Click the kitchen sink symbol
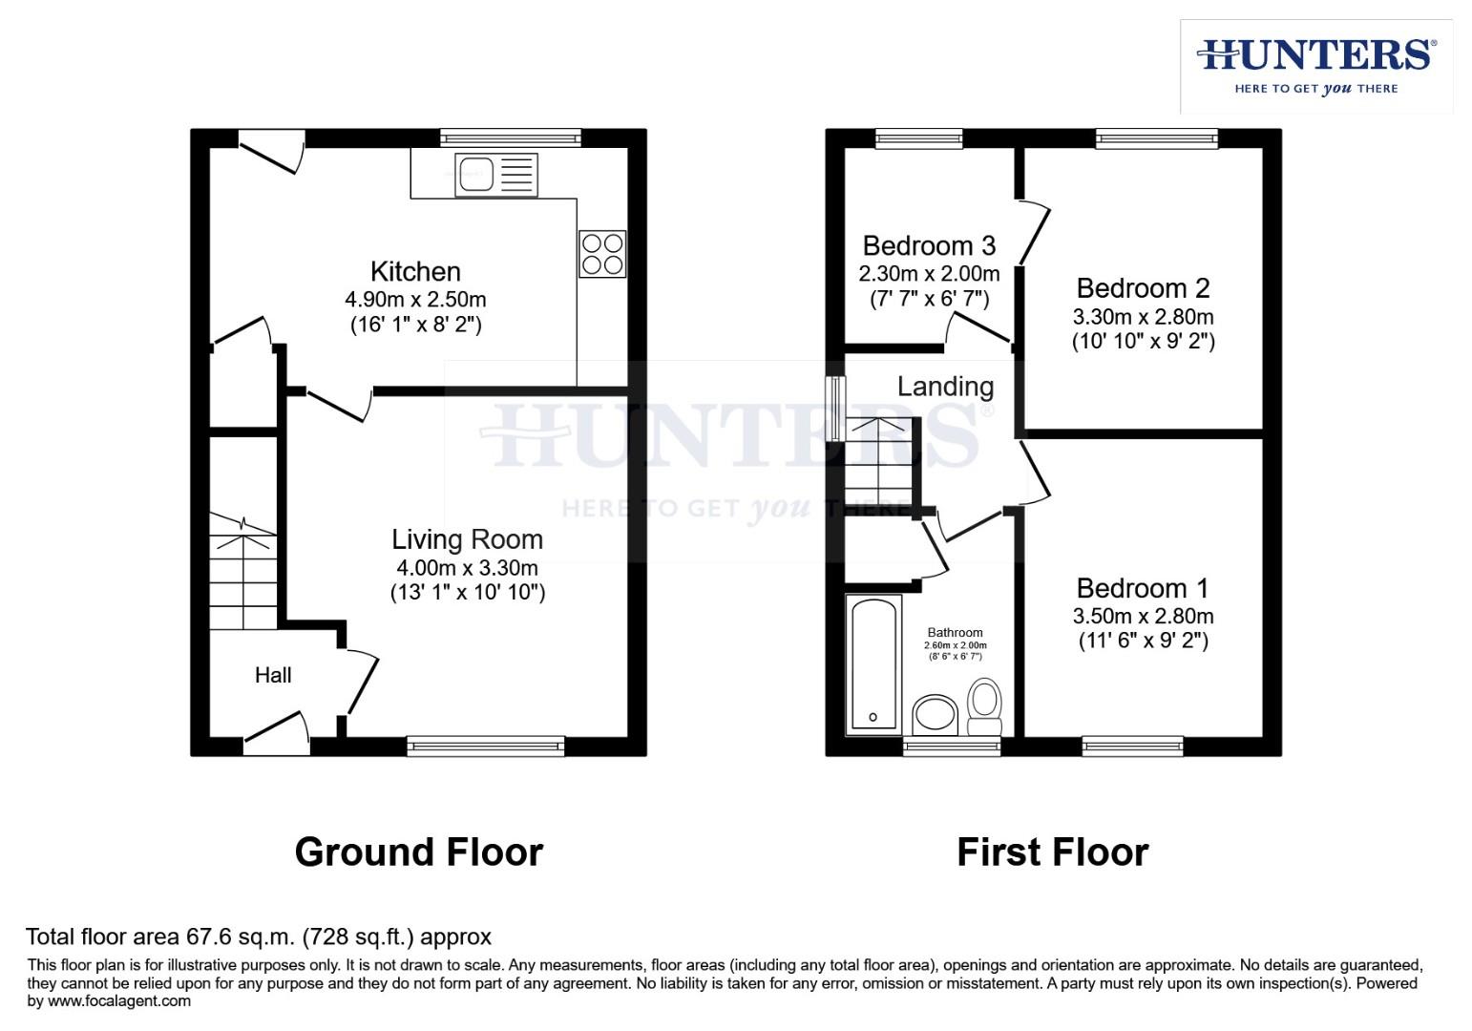[495, 175]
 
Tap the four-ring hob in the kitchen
[602, 254]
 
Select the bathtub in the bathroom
[873, 665]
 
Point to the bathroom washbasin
[936, 714]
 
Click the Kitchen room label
[415, 271]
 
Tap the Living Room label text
[467, 539]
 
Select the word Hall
[273, 675]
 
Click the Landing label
[945, 387]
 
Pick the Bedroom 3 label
[929, 246]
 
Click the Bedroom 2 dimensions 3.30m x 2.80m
[1143, 316]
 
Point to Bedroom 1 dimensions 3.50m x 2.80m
[1143, 616]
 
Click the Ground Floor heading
[418, 852]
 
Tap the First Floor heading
[1052, 852]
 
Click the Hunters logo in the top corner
[1315, 65]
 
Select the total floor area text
[258, 936]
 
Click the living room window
[486, 746]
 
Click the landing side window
[836, 409]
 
